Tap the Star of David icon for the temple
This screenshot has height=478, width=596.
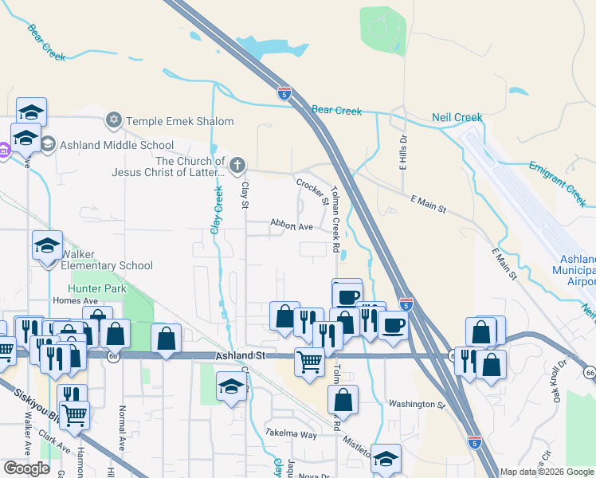click(x=113, y=121)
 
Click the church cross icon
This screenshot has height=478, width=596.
click(x=236, y=166)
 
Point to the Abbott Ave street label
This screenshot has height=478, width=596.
click(x=292, y=226)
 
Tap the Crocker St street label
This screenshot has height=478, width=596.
click(x=312, y=191)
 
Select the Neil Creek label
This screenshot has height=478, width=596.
click(x=457, y=118)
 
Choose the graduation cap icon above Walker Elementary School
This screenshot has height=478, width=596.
click(x=47, y=245)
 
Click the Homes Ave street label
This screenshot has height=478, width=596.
click(x=74, y=300)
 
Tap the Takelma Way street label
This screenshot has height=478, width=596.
click(x=291, y=434)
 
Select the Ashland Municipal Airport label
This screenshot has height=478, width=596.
click(x=574, y=271)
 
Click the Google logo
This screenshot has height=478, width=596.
click(x=26, y=468)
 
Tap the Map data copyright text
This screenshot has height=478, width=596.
click(x=547, y=472)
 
